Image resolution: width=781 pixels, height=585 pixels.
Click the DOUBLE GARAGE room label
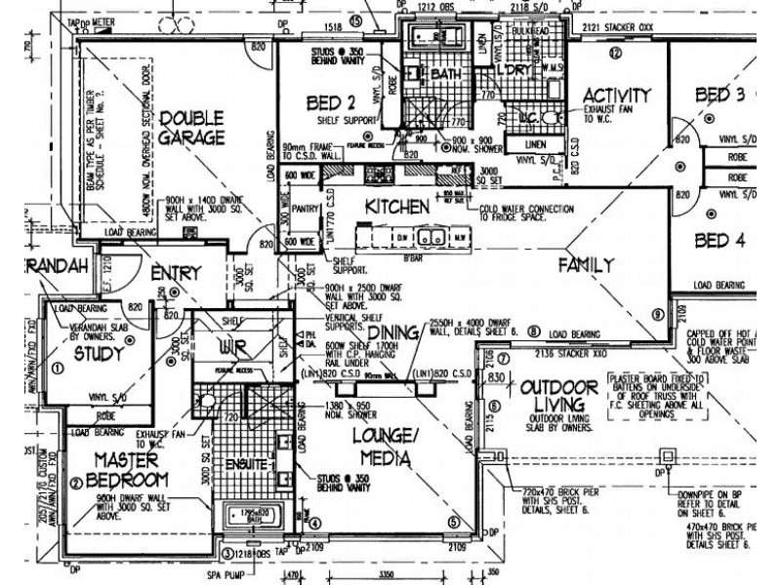[x=193, y=127]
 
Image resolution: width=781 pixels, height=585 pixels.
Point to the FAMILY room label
[x=586, y=264]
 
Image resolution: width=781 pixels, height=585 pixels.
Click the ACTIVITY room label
[x=616, y=96]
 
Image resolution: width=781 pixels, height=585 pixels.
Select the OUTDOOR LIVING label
[x=558, y=396]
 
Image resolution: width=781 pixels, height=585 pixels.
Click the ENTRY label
[x=177, y=274]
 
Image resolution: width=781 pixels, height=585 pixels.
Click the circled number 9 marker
[x=658, y=314]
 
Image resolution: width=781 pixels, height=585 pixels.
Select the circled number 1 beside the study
[x=57, y=369]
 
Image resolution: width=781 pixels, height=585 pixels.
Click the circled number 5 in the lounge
[x=453, y=522]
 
